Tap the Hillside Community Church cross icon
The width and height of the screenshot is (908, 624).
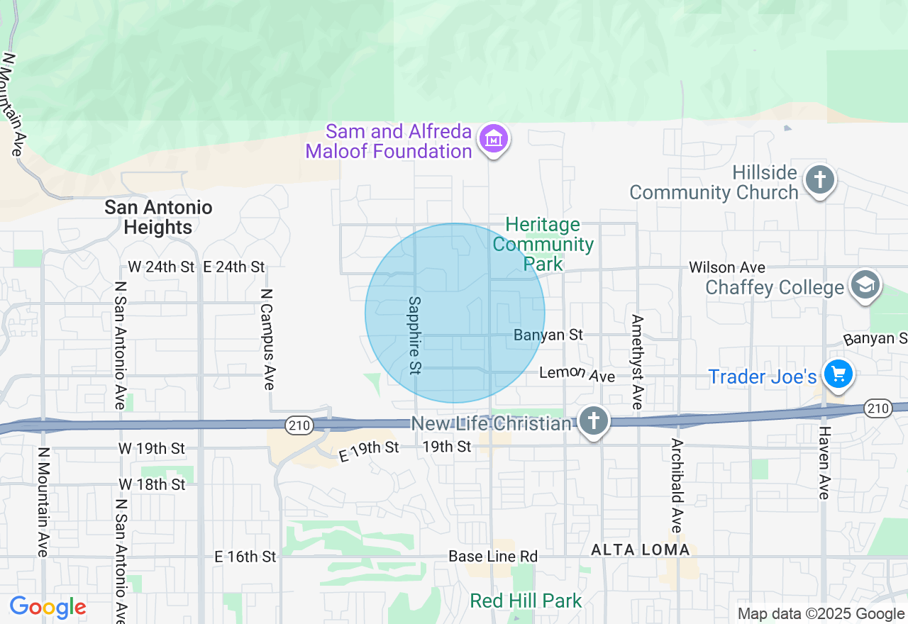[x=819, y=179]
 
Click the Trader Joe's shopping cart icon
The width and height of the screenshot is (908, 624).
[x=838, y=374]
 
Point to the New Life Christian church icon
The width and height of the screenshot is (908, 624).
[x=594, y=422]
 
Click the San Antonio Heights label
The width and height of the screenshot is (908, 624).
[x=158, y=217]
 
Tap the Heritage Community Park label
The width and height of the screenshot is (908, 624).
[x=543, y=245]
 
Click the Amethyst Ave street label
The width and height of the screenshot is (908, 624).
[x=637, y=362]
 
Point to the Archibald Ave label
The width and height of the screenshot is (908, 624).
[x=677, y=486]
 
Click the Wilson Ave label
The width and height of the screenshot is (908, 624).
[x=727, y=267]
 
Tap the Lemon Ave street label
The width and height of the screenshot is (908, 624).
[x=577, y=374]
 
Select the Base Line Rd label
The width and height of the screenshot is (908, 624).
[x=493, y=557]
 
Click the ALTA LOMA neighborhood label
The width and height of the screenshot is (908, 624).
[x=641, y=550]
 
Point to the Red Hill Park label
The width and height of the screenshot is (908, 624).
[x=526, y=601]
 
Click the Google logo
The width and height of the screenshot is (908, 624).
[x=48, y=608]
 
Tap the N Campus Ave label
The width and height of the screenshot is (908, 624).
[x=267, y=339]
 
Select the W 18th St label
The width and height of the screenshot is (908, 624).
[x=152, y=484]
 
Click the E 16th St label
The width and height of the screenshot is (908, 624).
[x=245, y=557]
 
